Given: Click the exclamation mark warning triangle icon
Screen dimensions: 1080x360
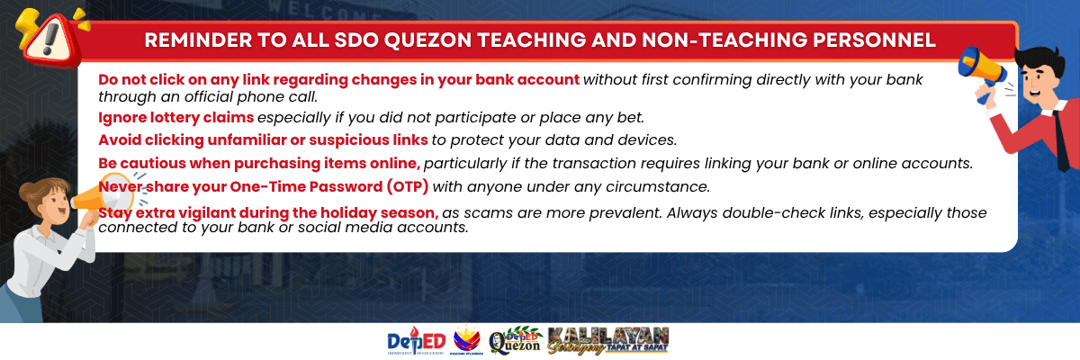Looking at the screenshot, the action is point(51,40).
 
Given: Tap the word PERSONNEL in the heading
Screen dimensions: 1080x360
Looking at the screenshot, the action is point(874,40).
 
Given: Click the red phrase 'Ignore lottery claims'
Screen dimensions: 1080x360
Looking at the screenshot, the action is point(176,118).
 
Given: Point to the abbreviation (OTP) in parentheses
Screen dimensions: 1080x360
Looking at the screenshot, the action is point(408,186).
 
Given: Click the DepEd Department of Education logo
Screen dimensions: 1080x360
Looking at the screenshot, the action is point(416,342).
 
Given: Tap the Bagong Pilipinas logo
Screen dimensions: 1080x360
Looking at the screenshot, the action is point(466,340).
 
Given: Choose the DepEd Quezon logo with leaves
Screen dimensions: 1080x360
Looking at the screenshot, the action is point(515,341).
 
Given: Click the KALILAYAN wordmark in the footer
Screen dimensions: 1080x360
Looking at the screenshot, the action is point(608,340).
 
